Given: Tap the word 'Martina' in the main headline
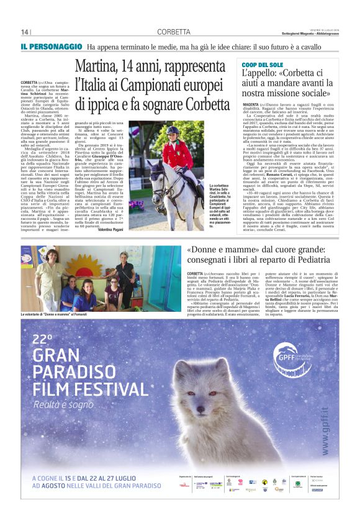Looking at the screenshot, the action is (97, 66).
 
